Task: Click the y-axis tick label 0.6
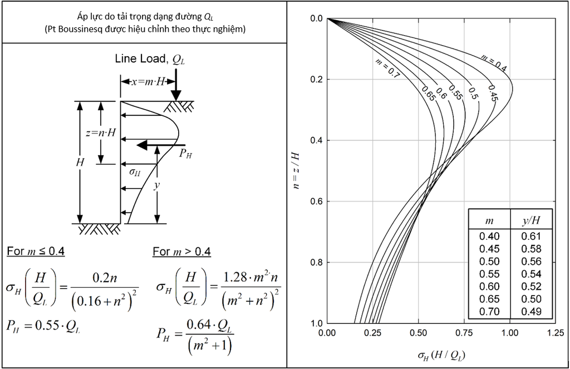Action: click(316, 201)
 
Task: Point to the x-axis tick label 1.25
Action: click(555, 333)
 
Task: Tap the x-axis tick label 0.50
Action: click(418, 333)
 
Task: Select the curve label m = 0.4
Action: click(493, 62)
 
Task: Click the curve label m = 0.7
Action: click(387, 68)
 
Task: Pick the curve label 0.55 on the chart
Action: click(455, 92)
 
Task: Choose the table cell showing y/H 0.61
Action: click(531, 237)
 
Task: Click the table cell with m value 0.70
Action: click(489, 312)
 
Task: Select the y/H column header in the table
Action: click(531, 220)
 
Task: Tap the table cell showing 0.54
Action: click(531, 274)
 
